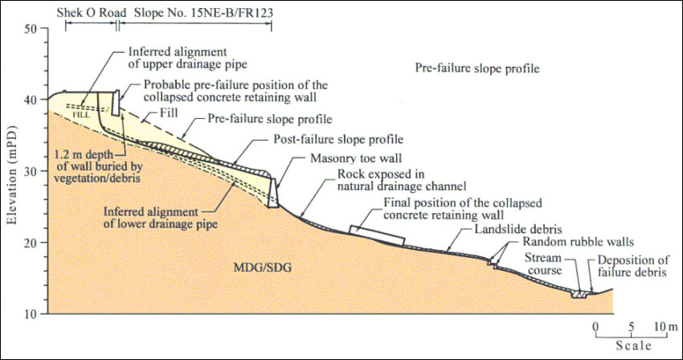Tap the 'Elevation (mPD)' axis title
click(11, 170)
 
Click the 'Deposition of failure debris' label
click(632, 267)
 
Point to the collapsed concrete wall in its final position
click(377, 234)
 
